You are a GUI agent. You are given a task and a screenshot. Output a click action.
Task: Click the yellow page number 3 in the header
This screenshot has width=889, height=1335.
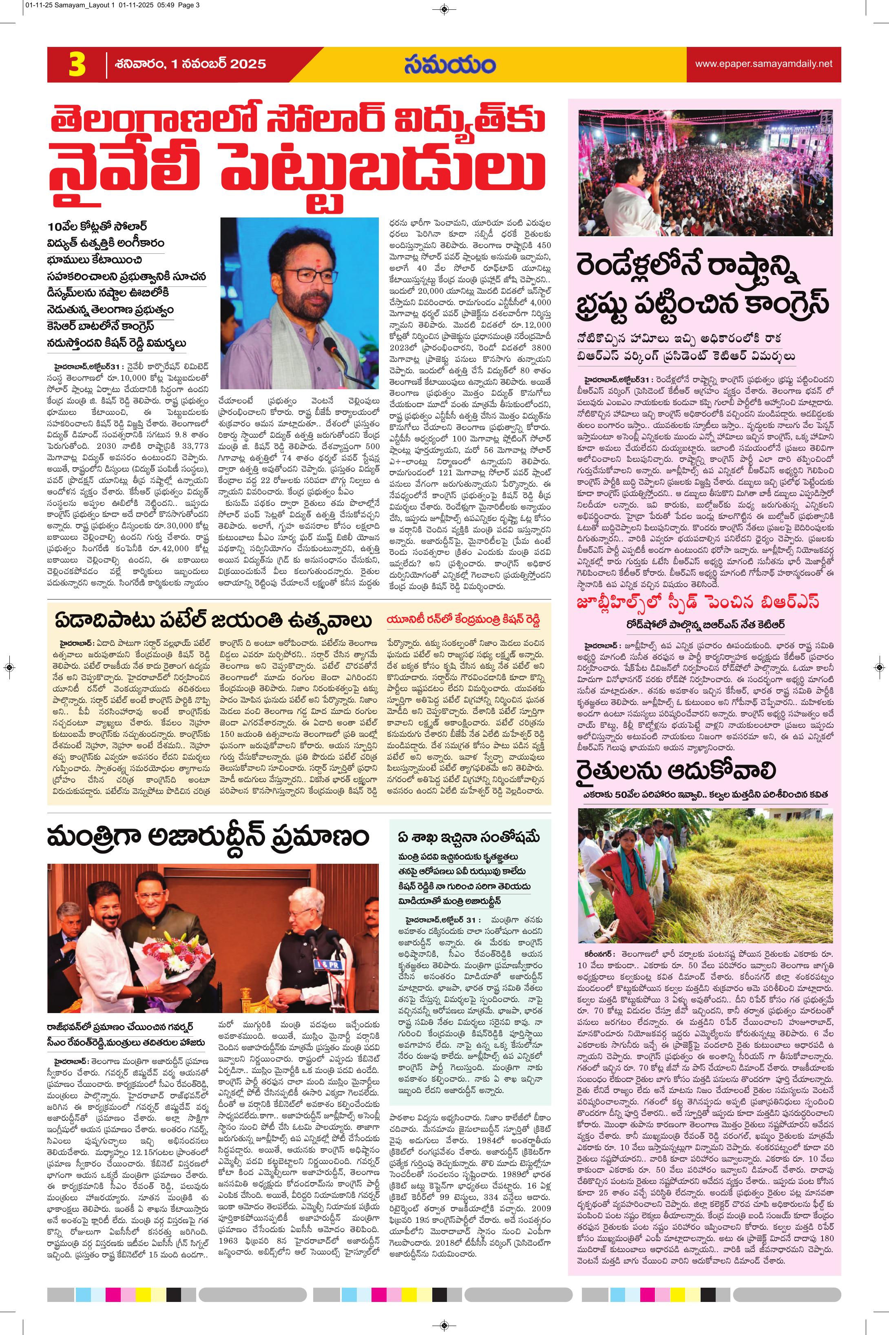pyautogui.click(x=77, y=64)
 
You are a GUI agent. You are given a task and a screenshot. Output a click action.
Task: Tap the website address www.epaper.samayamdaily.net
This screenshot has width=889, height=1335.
pyautogui.click(x=764, y=64)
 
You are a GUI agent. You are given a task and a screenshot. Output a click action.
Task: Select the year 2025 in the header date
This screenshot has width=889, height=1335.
pyautogui.click(x=248, y=64)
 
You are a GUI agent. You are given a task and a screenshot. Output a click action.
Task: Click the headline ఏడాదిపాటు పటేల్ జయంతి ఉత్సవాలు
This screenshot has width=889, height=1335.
pyautogui.click(x=213, y=621)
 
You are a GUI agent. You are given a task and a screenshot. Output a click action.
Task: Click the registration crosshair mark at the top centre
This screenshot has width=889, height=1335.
pyautogui.click(x=444, y=9)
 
